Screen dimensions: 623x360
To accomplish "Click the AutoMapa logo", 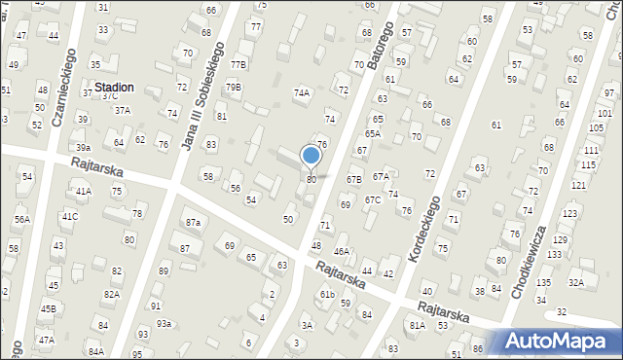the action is click(560, 342).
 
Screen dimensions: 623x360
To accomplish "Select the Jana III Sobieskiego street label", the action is click(203, 95).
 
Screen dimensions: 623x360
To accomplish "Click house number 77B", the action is click(238, 64).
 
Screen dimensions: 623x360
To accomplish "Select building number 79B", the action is click(234, 88).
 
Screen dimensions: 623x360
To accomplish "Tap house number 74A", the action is click(302, 93).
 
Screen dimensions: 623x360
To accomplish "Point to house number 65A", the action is click(373, 133).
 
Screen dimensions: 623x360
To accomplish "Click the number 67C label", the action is click(373, 200).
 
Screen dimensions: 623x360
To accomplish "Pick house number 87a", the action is click(193, 223).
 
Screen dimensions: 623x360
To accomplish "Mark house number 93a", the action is click(165, 324).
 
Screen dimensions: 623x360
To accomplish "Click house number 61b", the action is click(327, 295).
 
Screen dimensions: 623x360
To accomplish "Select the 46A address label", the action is click(341, 251).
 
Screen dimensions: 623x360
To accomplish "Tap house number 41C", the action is click(70, 216).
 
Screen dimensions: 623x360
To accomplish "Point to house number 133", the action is click(554, 254).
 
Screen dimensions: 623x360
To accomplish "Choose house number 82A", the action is click(112, 294).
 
